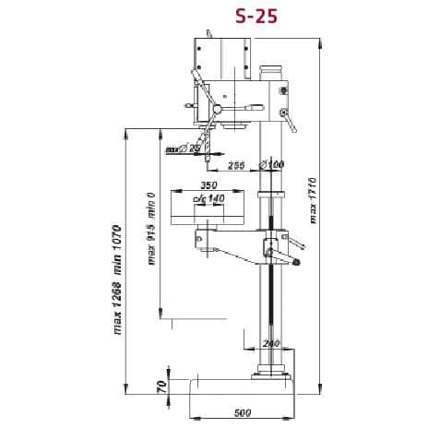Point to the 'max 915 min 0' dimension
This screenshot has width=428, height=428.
pyautogui.click(x=150, y=228)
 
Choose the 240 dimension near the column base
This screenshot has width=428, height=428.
pyautogui.click(x=269, y=343)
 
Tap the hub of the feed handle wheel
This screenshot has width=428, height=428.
pyautogui.click(x=217, y=110)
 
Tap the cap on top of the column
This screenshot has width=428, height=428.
pyautogui.click(x=269, y=69)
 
